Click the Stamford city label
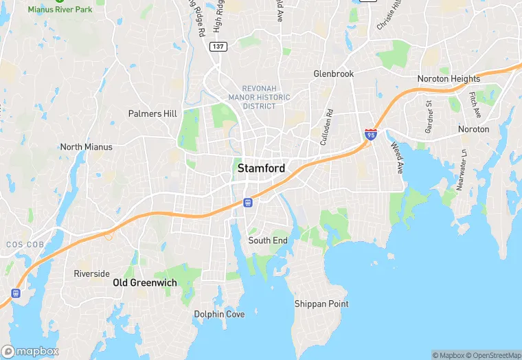tap(261, 168)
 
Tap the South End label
tap(268, 240)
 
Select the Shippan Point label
tap(321, 304)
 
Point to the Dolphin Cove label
tap(218, 314)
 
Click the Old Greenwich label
tap(145, 282)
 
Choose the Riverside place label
tap(91, 273)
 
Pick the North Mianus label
tap(86, 147)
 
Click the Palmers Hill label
tap(152, 113)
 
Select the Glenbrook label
tap(333, 74)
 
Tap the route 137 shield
tap(218, 46)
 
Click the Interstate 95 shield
tap(371, 134)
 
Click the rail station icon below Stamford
tap(247, 203)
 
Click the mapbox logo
tap(30, 350)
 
